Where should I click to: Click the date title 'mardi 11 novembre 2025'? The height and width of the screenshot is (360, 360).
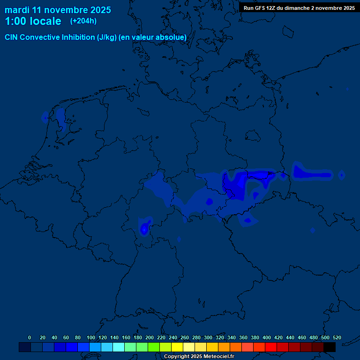point(58,10)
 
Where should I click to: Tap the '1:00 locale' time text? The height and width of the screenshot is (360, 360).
point(33,22)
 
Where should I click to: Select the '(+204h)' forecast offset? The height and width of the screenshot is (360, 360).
point(83,21)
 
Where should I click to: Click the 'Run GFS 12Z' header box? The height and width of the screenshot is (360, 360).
point(299,7)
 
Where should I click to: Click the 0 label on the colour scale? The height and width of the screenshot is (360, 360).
point(30,337)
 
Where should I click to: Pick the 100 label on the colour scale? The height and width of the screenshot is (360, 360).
point(91,337)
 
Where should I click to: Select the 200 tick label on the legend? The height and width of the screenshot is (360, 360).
point(150,337)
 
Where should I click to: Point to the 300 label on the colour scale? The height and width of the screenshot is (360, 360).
point(208,337)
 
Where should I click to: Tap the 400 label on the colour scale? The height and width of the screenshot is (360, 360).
point(267,337)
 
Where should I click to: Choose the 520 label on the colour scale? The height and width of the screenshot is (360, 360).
point(337,337)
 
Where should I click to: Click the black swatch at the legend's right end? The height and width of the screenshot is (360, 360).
point(330,347)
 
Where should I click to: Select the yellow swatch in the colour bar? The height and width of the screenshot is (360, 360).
point(177,347)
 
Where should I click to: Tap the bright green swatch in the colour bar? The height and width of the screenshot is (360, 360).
point(154,347)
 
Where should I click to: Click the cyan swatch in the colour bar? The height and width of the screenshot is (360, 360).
point(119,347)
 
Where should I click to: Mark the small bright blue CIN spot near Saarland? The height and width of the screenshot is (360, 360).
point(144,228)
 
